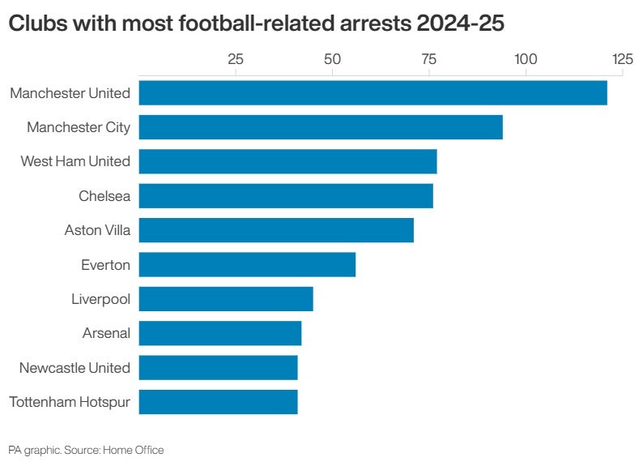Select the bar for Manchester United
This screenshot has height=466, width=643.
click(x=373, y=93)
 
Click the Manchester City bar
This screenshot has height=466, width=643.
click(x=321, y=127)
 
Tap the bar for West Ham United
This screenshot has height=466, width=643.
click(x=287, y=161)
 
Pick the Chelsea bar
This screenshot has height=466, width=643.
click(x=286, y=196)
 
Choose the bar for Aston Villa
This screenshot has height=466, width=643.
click(x=276, y=230)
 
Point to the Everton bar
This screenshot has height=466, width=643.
click(x=247, y=265)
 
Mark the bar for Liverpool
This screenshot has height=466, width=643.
click(x=226, y=299)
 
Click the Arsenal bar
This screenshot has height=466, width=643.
click(x=220, y=333)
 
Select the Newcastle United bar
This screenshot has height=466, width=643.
click(x=218, y=368)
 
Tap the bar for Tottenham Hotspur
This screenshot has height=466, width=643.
click(x=218, y=402)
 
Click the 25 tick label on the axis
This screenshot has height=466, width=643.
click(x=236, y=59)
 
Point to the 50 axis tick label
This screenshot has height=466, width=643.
click(x=332, y=59)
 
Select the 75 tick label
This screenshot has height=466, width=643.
click(x=429, y=59)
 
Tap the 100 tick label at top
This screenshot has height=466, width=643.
click(x=526, y=59)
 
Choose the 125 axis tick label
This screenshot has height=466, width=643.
click(x=622, y=59)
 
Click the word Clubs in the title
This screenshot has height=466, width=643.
click(x=36, y=24)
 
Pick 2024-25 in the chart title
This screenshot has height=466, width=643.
click(x=458, y=24)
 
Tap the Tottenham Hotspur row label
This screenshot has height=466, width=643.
click(x=70, y=402)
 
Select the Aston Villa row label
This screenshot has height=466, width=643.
click(x=97, y=230)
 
